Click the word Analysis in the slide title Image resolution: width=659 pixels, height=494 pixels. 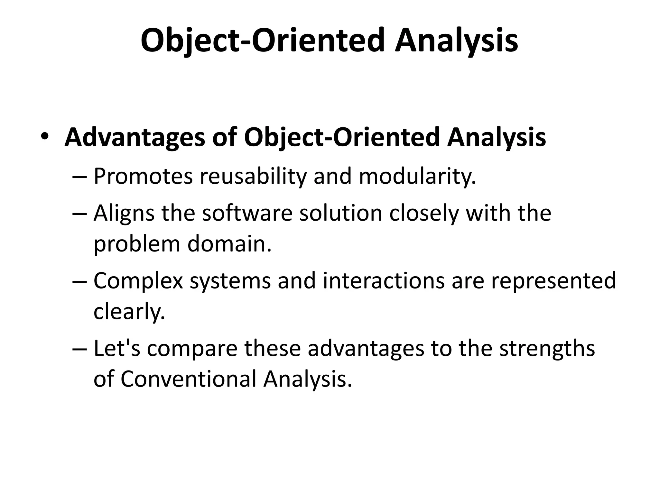(456, 41)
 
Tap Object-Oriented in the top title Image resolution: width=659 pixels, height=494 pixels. (263, 41)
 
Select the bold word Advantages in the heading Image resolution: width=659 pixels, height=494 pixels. (135, 138)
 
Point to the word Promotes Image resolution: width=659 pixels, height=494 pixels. (143, 176)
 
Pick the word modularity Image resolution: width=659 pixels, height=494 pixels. (417, 176)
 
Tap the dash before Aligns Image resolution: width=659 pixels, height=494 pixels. (80, 214)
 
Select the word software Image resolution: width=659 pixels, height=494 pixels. (247, 213)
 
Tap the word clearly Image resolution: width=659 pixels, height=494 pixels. (129, 311)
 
